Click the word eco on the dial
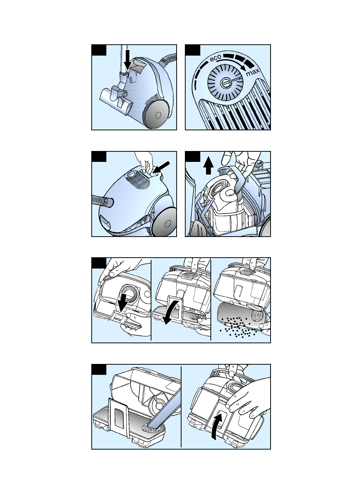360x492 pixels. (x=216, y=58)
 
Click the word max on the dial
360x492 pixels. (x=253, y=72)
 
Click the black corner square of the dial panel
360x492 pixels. (x=193, y=50)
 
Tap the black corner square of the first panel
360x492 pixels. (x=99, y=50)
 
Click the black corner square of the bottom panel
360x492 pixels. (x=99, y=369)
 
